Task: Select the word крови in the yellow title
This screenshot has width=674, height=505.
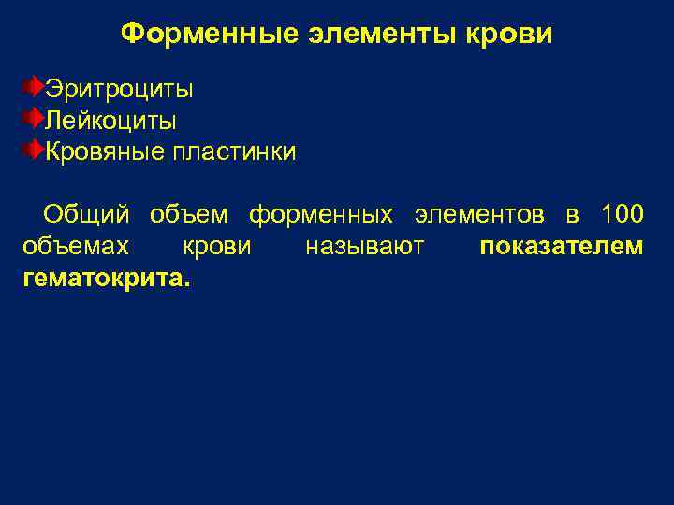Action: click(509, 35)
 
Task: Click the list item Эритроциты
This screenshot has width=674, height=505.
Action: click(120, 90)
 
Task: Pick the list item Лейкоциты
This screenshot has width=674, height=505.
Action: click(111, 121)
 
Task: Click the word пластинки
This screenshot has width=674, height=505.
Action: click(233, 151)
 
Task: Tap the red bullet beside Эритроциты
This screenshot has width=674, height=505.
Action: click(33, 89)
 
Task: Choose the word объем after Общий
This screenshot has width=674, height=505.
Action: click(189, 215)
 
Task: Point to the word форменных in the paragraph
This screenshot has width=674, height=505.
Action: click(321, 215)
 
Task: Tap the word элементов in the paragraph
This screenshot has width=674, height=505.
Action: click(478, 215)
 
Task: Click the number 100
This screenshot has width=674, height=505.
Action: click(621, 215)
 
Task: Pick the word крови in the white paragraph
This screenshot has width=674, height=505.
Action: click(216, 248)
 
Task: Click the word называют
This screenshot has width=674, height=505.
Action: click(365, 248)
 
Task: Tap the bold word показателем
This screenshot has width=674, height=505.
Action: click(561, 248)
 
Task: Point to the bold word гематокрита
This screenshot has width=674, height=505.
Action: click(104, 279)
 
